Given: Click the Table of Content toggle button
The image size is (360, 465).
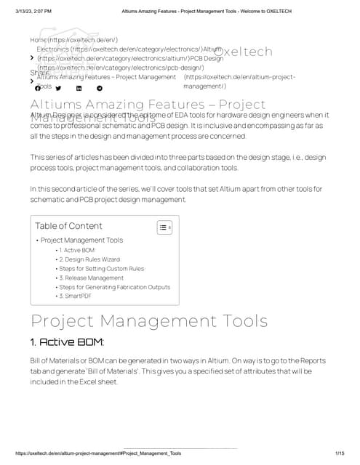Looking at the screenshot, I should tap(164, 227).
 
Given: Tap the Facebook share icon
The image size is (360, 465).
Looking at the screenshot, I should tap(38, 88).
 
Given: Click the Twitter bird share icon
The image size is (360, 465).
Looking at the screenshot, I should tap(58, 88).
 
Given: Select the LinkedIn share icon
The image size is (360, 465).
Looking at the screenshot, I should tap(79, 88).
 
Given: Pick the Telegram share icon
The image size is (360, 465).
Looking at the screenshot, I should tap(100, 88).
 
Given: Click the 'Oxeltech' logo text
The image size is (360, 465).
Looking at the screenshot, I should tap(244, 52).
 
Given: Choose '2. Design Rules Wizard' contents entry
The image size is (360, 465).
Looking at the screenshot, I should tap(89, 259).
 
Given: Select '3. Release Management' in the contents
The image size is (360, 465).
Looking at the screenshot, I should tap(91, 278).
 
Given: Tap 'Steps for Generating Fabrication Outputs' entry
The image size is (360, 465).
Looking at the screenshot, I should tap(114, 287).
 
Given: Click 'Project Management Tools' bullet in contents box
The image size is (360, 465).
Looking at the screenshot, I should tap(81, 240).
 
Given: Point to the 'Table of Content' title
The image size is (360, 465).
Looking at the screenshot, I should tap(68, 226).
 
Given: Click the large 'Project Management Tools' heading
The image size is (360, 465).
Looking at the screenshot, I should tap(149, 321).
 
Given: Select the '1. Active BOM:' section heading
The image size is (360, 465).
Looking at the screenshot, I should tap(67, 341).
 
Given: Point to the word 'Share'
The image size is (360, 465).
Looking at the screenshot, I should tap(39, 73).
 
